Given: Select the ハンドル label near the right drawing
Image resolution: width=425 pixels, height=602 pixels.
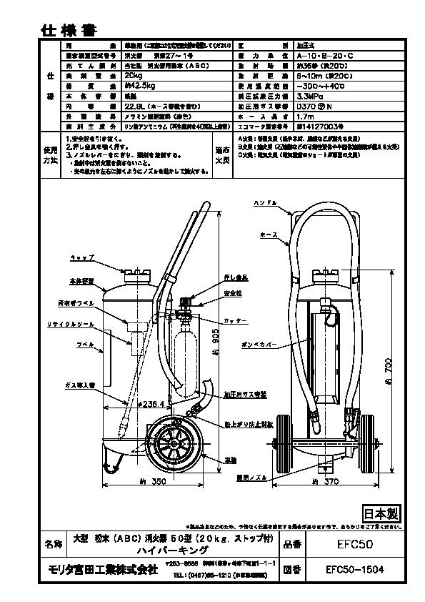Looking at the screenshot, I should [x=265, y=204].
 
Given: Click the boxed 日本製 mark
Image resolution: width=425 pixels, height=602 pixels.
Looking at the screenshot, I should [x=379, y=514].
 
